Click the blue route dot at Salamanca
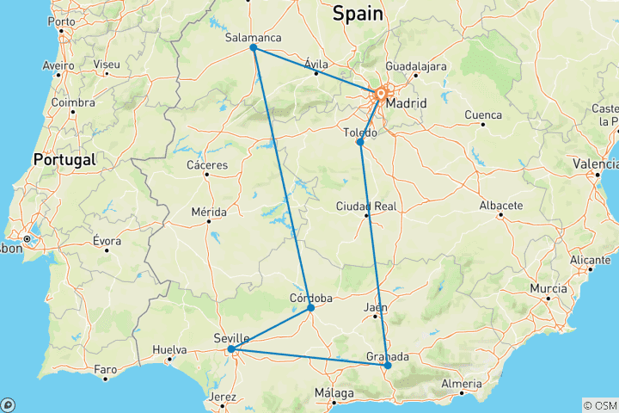coord(254,48)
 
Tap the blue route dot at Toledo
coord(360,142)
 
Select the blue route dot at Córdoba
coord(310,308)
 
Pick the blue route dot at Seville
coord(231,349)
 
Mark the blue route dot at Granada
coord(388,366)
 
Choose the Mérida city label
coord(209,212)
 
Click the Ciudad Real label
coord(366,206)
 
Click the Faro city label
coord(105,370)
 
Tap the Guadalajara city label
coord(416,66)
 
